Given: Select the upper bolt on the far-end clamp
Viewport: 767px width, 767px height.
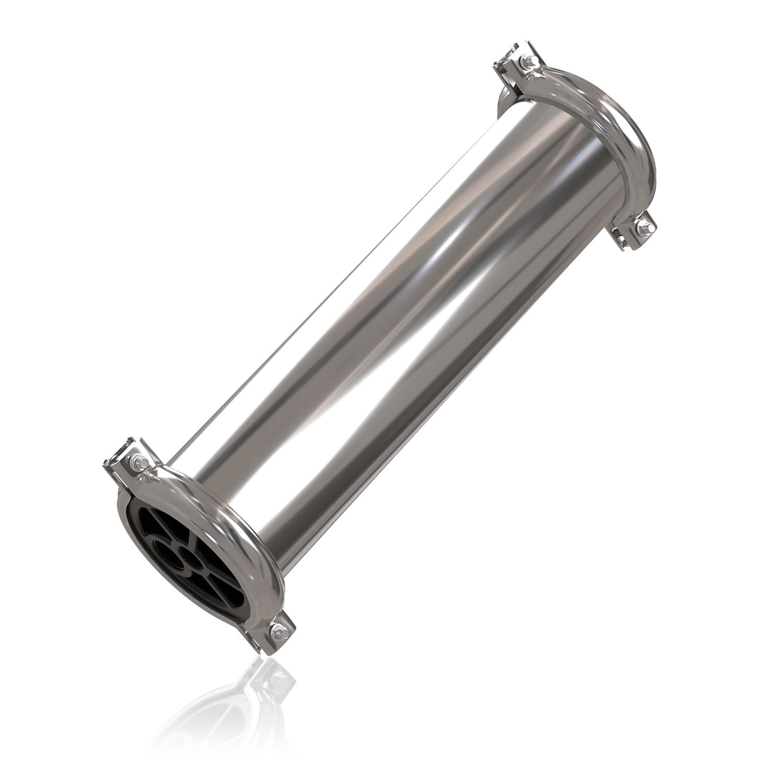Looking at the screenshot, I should point(529,61).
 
